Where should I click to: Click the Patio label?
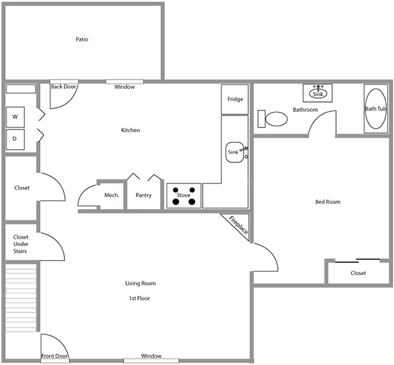[x=82, y=39]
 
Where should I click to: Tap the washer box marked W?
[x=15, y=118]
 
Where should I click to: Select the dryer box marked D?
[x=15, y=139]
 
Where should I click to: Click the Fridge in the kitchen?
[x=235, y=99]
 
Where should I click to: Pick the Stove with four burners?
[x=184, y=195]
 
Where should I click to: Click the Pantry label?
[x=144, y=195]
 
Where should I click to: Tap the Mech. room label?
[x=112, y=195]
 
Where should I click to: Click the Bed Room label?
[x=328, y=202]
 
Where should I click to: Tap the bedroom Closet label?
[x=358, y=273]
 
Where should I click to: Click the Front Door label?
[x=55, y=357]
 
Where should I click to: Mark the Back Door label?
[x=64, y=86]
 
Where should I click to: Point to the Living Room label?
[x=140, y=283]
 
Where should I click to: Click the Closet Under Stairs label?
[x=21, y=243]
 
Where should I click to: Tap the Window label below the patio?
[x=124, y=87]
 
